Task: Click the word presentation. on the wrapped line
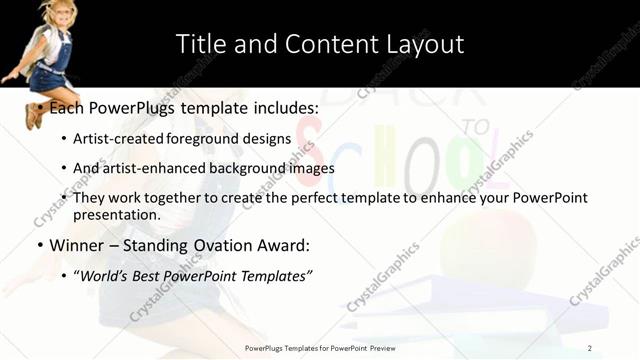tap(116, 214)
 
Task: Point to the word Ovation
tap(229, 245)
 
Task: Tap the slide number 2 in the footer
tap(590, 348)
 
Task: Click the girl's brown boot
tap(33, 116)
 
